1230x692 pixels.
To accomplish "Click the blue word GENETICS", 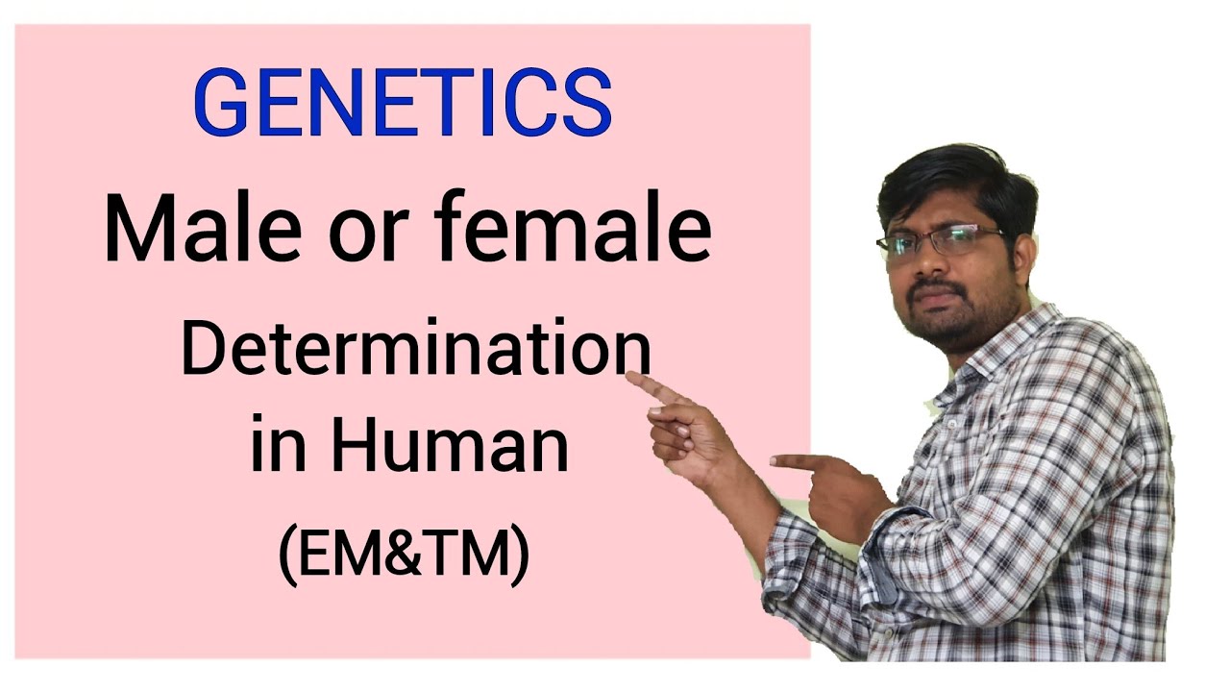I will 403,103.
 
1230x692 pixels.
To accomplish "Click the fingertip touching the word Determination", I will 630,378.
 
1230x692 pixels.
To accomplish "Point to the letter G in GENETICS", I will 222,104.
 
